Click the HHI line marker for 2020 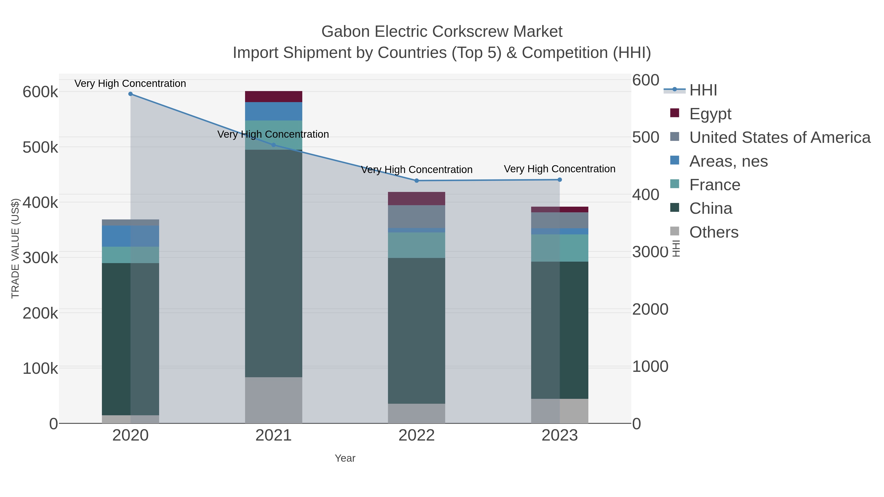(x=130, y=94)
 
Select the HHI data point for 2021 (x=274, y=145)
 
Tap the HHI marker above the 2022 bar (x=417, y=181)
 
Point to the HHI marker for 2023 (x=560, y=180)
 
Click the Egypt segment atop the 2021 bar (x=274, y=97)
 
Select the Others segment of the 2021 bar (x=274, y=400)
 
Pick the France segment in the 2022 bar (x=417, y=245)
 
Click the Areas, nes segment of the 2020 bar (x=130, y=236)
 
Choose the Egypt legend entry (x=710, y=114)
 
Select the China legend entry (x=711, y=209)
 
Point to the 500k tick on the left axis (x=40, y=148)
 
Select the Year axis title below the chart (x=345, y=458)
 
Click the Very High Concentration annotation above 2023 (x=559, y=169)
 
